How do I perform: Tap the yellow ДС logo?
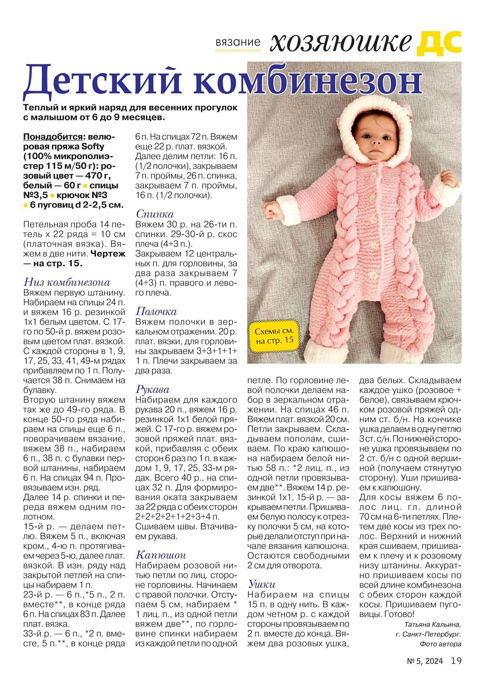click(x=439, y=43)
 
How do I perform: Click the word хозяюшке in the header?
click(x=340, y=43)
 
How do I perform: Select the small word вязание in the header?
click(x=238, y=43)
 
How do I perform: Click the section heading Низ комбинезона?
click(x=67, y=282)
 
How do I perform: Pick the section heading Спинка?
click(x=155, y=214)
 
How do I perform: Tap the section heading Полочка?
click(x=156, y=311)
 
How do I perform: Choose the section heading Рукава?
click(x=152, y=389)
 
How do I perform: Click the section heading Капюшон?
click(x=160, y=555)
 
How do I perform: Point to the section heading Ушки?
click(x=262, y=584)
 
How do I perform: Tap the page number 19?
click(x=456, y=661)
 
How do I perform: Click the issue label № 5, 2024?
click(x=425, y=662)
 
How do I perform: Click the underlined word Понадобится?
click(x=53, y=136)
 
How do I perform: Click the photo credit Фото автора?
click(x=440, y=644)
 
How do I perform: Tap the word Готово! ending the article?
click(x=400, y=615)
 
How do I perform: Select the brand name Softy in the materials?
click(x=93, y=147)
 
